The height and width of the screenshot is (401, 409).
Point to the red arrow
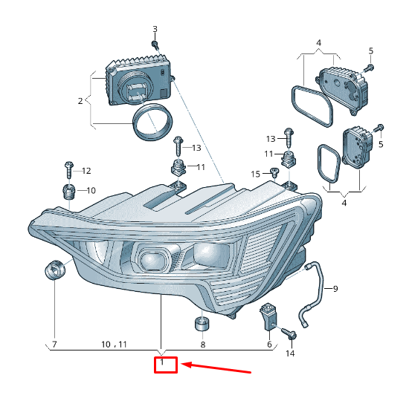pos(219,368)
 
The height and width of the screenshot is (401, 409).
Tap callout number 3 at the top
pos(155,30)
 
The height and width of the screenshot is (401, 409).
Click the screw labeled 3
pos(155,45)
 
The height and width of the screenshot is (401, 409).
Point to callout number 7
pos(54,345)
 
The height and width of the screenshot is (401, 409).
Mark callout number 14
pos(290,353)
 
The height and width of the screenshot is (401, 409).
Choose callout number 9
pos(335,288)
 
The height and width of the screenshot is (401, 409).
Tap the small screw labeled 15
pos(274,172)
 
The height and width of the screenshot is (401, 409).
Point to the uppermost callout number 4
pos(318,43)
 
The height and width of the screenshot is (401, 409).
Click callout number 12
pos(86,171)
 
